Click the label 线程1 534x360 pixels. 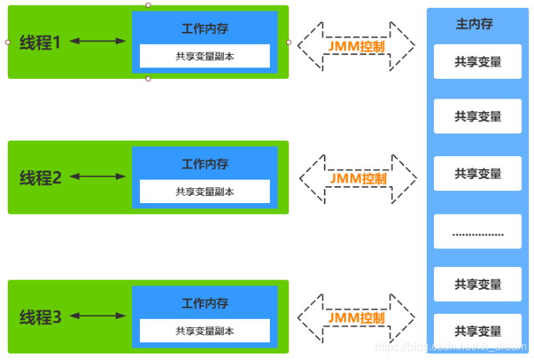point(40,43)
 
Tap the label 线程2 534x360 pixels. point(40,178)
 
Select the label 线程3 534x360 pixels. point(40,317)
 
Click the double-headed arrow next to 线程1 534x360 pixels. point(98,41)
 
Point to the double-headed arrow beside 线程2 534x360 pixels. point(98,176)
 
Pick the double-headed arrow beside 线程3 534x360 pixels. point(98,315)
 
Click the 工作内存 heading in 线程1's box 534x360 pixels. point(205,29)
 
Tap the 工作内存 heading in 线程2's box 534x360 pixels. point(205,164)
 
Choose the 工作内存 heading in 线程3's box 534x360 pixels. point(205,303)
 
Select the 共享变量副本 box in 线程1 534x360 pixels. point(205,56)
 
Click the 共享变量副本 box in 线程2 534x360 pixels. point(205,191)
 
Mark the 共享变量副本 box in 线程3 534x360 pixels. point(205,330)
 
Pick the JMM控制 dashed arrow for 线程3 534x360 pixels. point(356,317)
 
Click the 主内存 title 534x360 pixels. point(474,24)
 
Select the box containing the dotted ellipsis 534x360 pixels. point(477,231)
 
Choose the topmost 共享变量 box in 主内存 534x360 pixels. point(477,62)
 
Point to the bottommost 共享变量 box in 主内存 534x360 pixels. point(477,331)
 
